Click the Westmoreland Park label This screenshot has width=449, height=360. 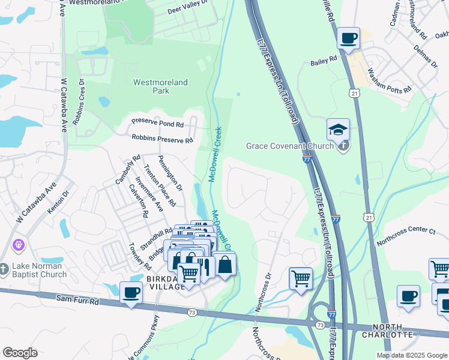click(x=160, y=86)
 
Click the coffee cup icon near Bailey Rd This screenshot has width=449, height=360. click(x=348, y=38)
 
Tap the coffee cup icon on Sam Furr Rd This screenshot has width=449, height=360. click(x=131, y=293)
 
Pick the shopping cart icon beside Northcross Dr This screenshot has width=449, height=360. click(x=300, y=278)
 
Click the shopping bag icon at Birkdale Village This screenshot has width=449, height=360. click(x=224, y=264)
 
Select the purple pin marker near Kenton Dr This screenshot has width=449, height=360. click(x=19, y=245)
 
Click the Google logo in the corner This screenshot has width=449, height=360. click(x=20, y=353)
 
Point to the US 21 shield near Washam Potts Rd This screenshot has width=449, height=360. click(x=355, y=93)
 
